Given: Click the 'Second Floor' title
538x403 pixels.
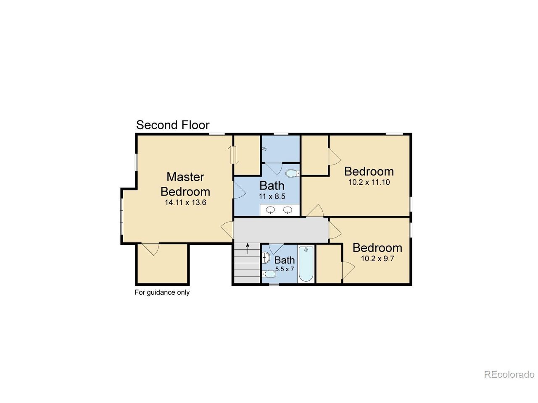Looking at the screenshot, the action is pyautogui.click(x=173, y=125).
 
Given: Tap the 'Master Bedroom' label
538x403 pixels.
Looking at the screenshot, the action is pyautogui.click(x=185, y=184).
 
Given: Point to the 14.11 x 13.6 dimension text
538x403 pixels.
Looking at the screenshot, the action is pyautogui.click(x=185, y=203).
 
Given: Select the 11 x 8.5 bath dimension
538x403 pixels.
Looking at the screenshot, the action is pyautogui.click(x=272, y=196).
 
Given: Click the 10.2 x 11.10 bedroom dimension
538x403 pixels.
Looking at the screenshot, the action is pyautogui.click(x=369, y=182).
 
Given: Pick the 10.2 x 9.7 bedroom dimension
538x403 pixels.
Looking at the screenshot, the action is pyautogui.click(x=377, y=259).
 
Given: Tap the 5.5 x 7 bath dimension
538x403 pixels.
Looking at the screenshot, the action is pyautogui.click(x=284, y=269).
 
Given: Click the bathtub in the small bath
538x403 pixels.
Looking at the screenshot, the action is pyautogui.click(x=306, y=264).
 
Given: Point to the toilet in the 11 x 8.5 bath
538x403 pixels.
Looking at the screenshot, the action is pyautogui.click(x=293, y=173).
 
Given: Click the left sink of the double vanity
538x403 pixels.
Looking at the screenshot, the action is pyautogui.click(x=270, y=210).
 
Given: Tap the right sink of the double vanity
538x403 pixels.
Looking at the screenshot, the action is pyautogui.click(x=287, y=210).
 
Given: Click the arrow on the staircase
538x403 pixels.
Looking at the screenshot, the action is pyautogui.click(x=248, y=248).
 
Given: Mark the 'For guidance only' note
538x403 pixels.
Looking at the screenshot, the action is pyautogui.click(x=162, y=293).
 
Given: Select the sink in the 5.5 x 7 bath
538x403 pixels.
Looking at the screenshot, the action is pyautogui.click(x=266, y=257).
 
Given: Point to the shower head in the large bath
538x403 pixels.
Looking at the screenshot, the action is pyautogui.click(x=264, y=148).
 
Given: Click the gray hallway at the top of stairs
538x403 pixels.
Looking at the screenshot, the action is pyautogui.click(x=280, y=230).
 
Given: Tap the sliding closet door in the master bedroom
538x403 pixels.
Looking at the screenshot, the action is pyautogui.click(x=233, y=155).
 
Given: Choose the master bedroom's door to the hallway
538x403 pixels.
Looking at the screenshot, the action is pyautogui.click(x=227, y=230).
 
